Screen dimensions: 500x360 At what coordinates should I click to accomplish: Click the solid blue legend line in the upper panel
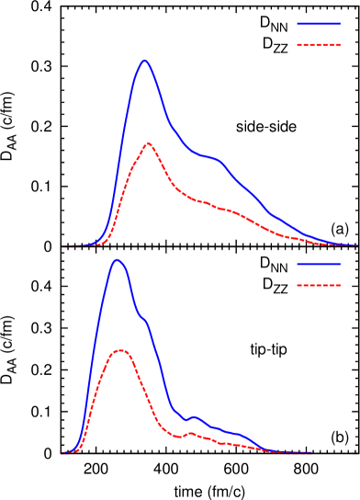coord(319,24)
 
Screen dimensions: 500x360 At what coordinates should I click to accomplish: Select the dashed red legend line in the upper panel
coord(319,45)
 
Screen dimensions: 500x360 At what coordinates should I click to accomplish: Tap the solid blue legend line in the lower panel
coord(319,264)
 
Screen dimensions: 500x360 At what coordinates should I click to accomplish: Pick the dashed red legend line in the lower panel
coord(319,285)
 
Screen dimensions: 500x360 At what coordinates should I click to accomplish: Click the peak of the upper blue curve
coord(144,60)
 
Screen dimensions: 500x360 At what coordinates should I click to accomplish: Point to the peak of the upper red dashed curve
coord(148,143)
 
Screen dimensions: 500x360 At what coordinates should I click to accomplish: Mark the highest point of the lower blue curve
coord(117,260)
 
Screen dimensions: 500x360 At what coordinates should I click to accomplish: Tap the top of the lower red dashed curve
coord(120,350)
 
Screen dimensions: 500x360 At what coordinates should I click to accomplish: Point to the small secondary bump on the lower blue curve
coord(193,416)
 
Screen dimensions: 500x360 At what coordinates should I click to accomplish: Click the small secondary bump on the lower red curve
coord(190,433)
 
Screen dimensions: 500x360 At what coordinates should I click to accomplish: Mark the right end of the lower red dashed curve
coord(312,453)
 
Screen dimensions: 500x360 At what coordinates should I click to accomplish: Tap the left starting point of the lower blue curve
coord(62,453)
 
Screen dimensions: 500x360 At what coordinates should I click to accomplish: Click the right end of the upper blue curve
coord(355,245)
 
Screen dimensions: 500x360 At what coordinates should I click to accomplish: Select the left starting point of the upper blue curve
coord(62,246)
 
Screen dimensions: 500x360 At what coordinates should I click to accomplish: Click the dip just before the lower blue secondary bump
coord(184,420)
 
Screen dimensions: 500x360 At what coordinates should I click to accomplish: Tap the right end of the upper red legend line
coord(341,45)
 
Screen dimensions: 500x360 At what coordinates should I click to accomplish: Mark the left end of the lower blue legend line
coord(298,264)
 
